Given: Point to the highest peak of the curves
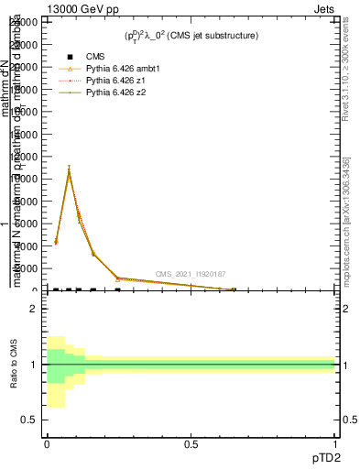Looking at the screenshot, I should point(69,169).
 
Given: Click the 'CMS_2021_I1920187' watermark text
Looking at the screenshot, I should point(190,274).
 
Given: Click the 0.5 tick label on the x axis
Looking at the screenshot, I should point(191,444).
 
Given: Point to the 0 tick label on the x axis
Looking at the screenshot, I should point(47,444).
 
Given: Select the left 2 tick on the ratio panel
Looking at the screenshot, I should point(33,310).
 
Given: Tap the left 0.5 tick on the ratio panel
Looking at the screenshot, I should point(29,420).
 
